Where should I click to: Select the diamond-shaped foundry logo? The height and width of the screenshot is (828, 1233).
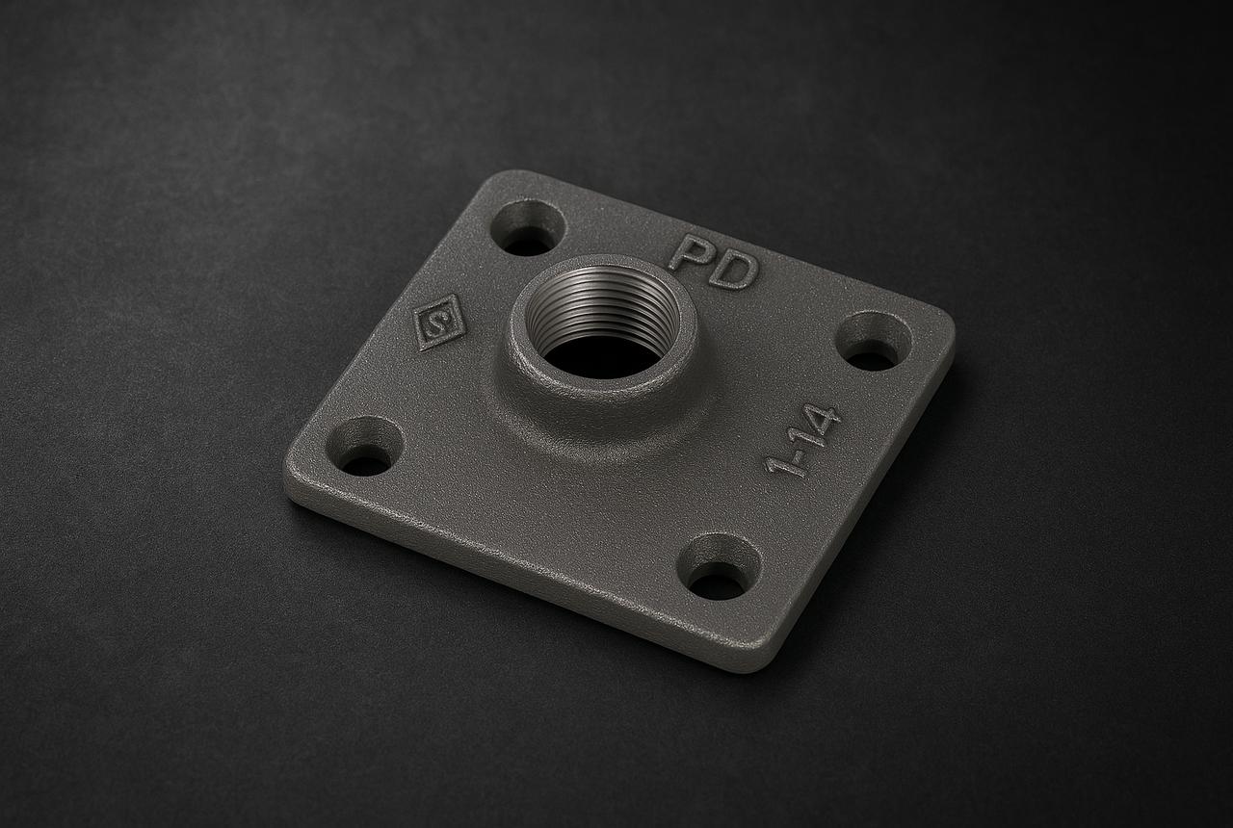point(439,323)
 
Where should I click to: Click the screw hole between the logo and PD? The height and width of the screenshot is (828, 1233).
point(528,228)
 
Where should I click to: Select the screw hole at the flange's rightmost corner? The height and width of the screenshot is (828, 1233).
point(874,342)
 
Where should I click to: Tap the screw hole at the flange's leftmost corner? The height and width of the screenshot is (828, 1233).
point(365,446)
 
